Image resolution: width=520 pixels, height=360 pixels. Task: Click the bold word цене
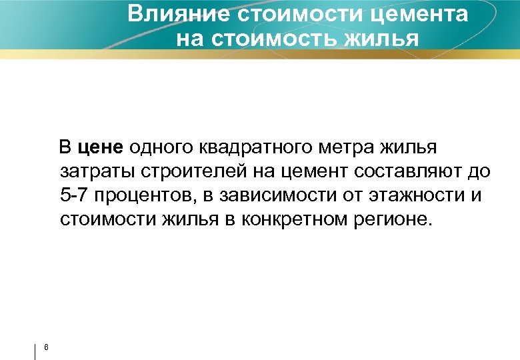pyautogui.click(x=101, y=147)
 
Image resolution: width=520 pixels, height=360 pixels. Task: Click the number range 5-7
pyautogui.click(x=74, y=195)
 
